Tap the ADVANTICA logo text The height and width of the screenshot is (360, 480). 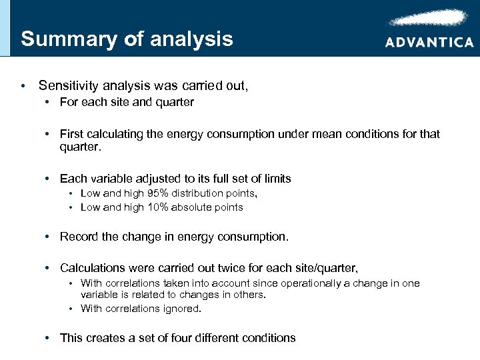tap(429, 41)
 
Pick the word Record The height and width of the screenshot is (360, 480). tap(79, 237)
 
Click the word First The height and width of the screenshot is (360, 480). tap(71, 134)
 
